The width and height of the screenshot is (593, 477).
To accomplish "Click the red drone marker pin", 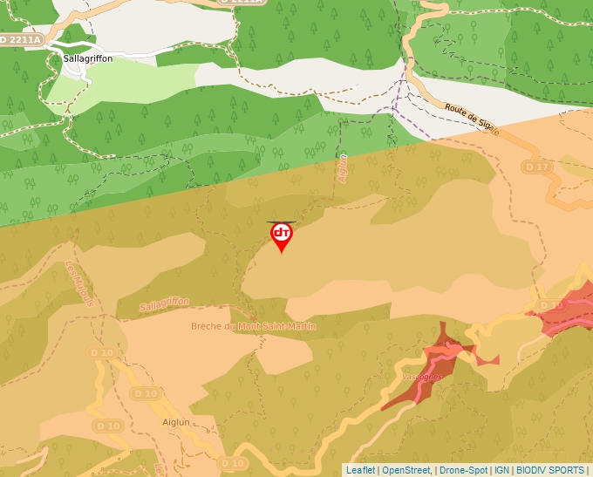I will [281, 235].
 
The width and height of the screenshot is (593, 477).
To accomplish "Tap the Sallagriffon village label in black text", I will [88, 58].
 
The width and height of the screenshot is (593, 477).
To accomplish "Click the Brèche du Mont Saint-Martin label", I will [253, 327].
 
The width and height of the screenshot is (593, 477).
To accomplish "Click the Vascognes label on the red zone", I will [424, 376].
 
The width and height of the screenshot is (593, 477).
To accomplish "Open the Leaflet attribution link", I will [360, 470].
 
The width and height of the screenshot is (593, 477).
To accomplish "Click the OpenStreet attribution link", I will [406, 470].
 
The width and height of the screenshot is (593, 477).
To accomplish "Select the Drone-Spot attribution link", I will [463, 470].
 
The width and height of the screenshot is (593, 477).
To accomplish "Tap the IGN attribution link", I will [501, 470].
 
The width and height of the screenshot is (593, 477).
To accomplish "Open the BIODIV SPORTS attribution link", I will [550, 470].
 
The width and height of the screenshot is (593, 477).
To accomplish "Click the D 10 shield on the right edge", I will [551, 305].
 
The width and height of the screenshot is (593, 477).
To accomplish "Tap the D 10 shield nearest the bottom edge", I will [233, 463].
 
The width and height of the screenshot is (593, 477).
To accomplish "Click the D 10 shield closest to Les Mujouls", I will [101, 352].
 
